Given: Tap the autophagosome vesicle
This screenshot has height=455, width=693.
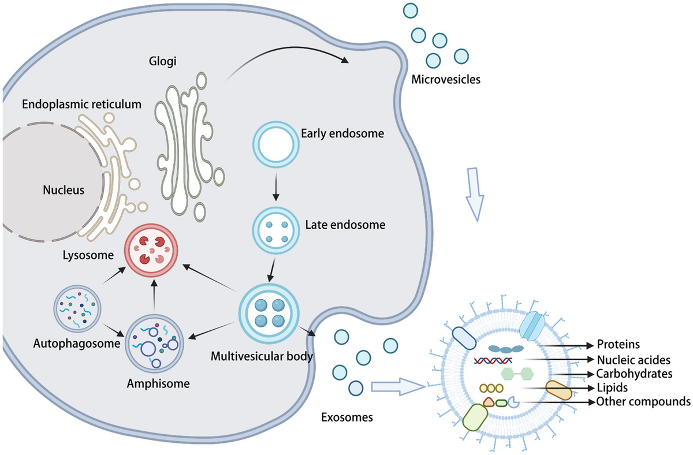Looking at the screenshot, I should coord(79,312).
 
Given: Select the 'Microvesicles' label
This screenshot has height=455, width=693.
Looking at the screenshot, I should coord(445,80).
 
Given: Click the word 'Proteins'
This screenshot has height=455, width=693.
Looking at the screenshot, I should coord(618,345).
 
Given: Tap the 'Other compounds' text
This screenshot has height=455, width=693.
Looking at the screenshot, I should coord(643,401).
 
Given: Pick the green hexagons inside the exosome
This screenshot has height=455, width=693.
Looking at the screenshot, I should coord(517,374).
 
